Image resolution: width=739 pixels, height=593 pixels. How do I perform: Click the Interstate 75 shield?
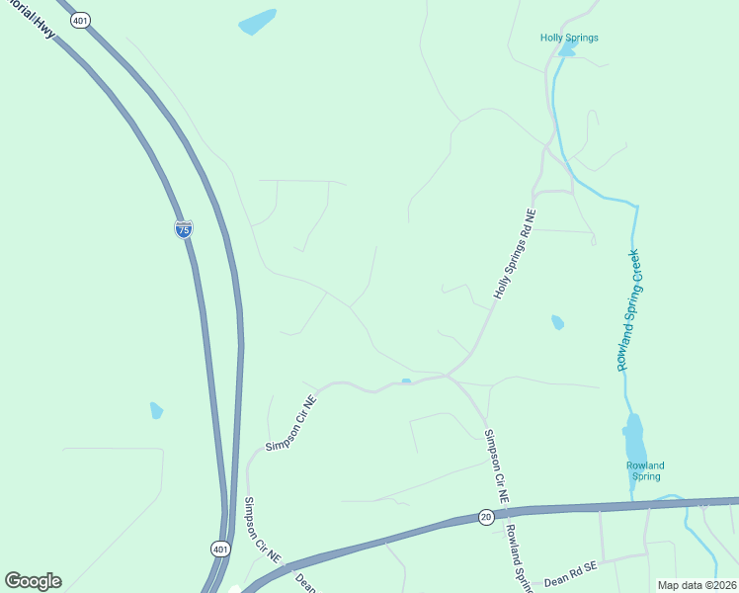point(184,229)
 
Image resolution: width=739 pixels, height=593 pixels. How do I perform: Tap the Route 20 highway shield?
point(485,516)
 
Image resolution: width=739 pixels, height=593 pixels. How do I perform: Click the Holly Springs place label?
point(569,39)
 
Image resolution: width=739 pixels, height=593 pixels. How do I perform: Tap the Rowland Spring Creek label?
point(629,309)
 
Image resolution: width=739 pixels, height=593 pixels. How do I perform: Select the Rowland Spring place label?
point(645,470)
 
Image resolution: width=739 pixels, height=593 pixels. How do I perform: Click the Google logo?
point(33,581)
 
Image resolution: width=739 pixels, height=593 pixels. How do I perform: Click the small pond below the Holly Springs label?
point(567,49)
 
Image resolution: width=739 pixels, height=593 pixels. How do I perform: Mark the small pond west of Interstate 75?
point(156,409)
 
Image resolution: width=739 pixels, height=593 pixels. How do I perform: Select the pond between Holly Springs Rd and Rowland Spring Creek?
point(557,321)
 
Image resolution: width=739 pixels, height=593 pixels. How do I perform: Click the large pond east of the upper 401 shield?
point(257,22)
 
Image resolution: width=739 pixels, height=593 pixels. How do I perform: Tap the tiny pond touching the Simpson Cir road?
point(406,381)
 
